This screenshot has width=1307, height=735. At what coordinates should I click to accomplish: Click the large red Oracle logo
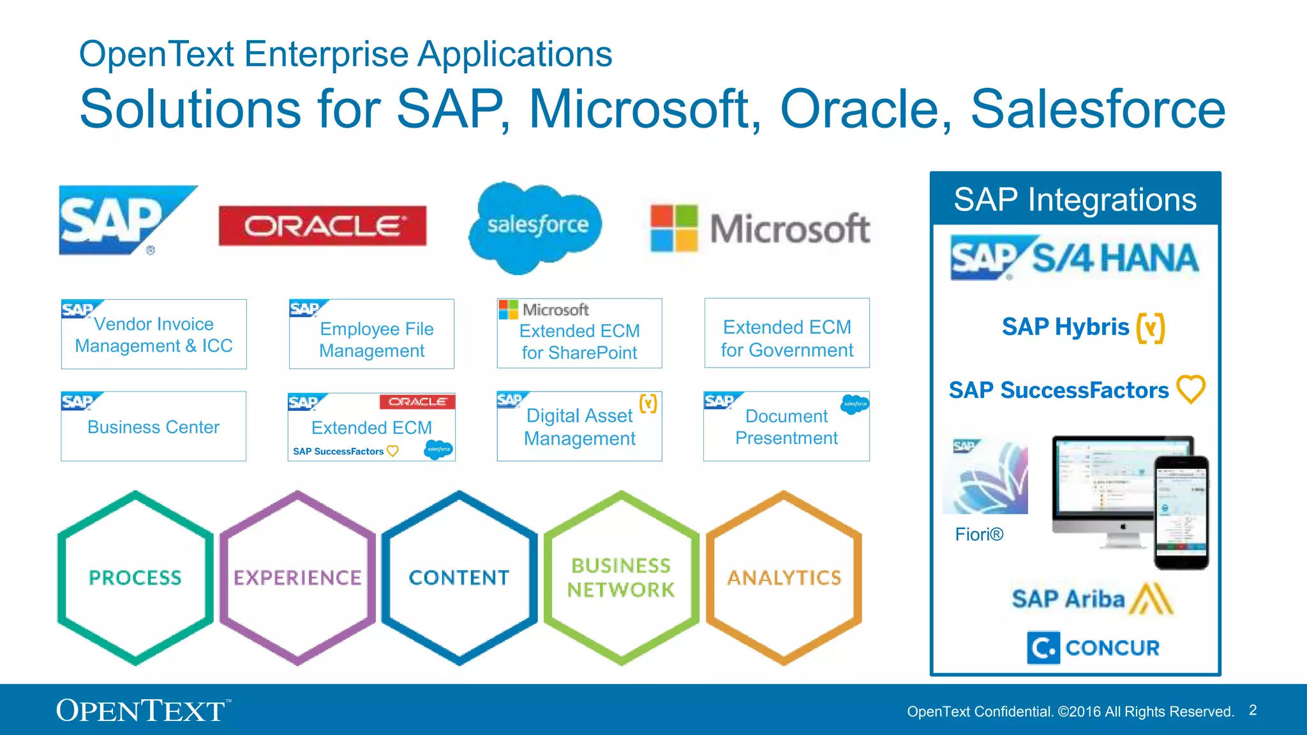322,226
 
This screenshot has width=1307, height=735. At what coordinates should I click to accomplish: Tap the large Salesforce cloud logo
536,226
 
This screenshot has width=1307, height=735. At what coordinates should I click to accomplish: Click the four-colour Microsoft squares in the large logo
673,228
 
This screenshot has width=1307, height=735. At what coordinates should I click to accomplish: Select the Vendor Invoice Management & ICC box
154,334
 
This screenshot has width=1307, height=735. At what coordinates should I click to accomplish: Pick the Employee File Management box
371,334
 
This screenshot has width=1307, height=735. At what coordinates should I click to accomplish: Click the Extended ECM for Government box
787,334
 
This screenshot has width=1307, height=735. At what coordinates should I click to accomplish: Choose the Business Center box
153,426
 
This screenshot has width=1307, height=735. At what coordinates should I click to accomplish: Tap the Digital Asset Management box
579,426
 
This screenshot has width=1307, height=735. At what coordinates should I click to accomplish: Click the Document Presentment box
786,426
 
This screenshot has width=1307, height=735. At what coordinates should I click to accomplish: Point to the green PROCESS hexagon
135,577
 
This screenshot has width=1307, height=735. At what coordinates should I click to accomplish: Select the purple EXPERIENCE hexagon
297,577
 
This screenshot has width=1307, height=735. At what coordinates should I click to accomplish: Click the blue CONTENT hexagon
459,577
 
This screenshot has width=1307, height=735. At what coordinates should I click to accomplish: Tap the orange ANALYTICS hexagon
784,577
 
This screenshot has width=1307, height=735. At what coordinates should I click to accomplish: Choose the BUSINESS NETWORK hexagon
622,577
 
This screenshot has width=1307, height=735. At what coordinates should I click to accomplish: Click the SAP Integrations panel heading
1075,200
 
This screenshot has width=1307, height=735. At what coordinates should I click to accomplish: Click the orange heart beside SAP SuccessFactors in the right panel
1191,389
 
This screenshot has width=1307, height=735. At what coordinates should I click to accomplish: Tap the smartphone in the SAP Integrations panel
1182,512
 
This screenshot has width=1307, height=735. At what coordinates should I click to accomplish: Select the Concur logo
1093,648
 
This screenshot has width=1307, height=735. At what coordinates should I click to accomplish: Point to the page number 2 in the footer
1253,710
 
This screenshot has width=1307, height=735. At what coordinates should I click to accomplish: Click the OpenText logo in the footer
142,710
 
